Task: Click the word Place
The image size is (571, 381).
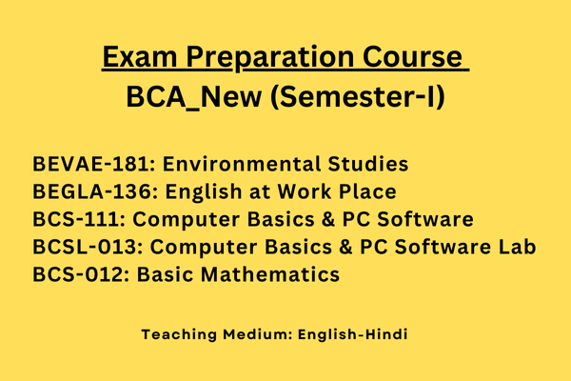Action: point(367,191)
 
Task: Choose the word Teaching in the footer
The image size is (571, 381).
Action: point(177,335)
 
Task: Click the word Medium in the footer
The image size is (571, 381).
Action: point(255,335)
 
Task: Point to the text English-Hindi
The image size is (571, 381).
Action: point(360,335)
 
